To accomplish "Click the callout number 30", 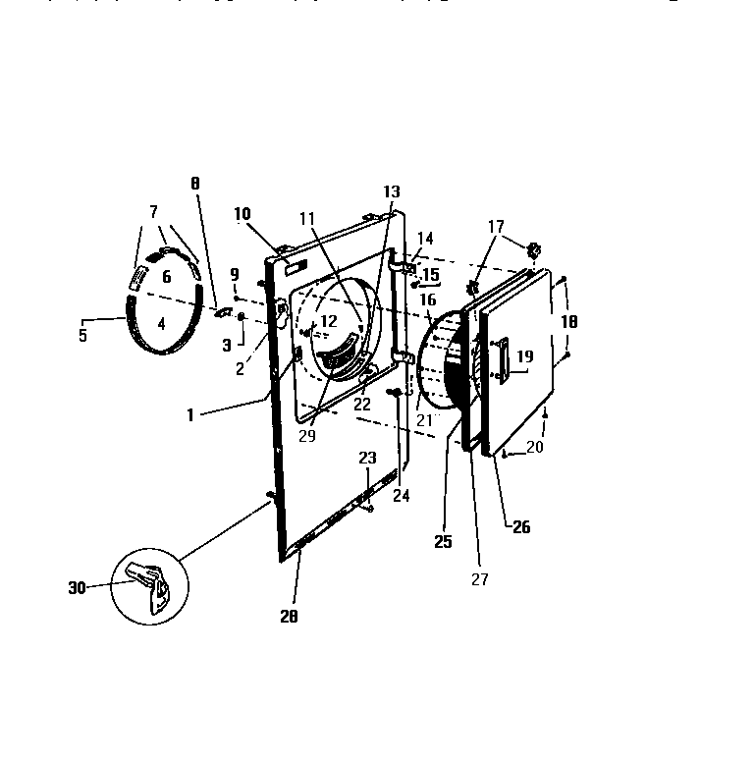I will [x=78, y=587].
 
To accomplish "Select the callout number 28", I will [x=288, y=616].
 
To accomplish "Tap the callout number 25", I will [x=444, y=542].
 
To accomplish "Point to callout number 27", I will [x=478, y=579].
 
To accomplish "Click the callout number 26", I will [x=520, y=527].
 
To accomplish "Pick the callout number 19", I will [x=524, y=357].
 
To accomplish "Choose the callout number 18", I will [x=568, y=322].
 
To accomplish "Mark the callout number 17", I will [x=497, y=226].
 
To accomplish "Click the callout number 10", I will [x=242, y=214].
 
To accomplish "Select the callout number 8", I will [x=194, y=183].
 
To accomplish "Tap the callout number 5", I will [x=82, y=335].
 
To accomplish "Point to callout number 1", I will [x=191, y=414].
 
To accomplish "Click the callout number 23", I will [x=366, y=458].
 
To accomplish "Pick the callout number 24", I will [x=401, y=496].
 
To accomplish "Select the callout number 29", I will [x=307, y=435].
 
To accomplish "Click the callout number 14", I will [x=425, y=238].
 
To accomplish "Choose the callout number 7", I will [x=153, y=212].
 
